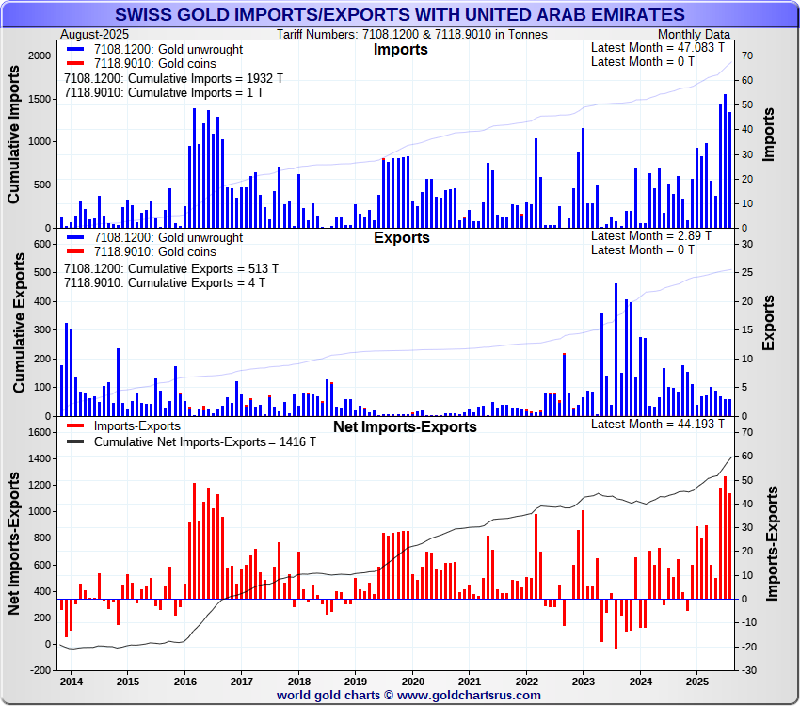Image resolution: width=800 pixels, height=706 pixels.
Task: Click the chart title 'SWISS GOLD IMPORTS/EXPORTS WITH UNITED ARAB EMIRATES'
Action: coord(400,15)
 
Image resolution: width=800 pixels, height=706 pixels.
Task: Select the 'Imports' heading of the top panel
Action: coord(401,49)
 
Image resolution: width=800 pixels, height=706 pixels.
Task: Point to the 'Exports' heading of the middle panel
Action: coord(401,237)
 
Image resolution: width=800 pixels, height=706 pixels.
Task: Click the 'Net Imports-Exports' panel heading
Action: coord(405,426)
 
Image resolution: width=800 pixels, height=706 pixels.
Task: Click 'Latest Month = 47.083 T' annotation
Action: coord(658,47)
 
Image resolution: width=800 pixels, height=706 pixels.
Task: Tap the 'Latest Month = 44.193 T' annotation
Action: coord(658,424)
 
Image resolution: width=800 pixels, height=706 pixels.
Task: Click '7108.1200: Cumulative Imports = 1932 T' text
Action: coord(160,78)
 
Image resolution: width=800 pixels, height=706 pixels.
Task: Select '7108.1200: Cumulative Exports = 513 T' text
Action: coord(157,267)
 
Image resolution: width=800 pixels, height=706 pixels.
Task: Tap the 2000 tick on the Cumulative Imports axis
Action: coord(40,56)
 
